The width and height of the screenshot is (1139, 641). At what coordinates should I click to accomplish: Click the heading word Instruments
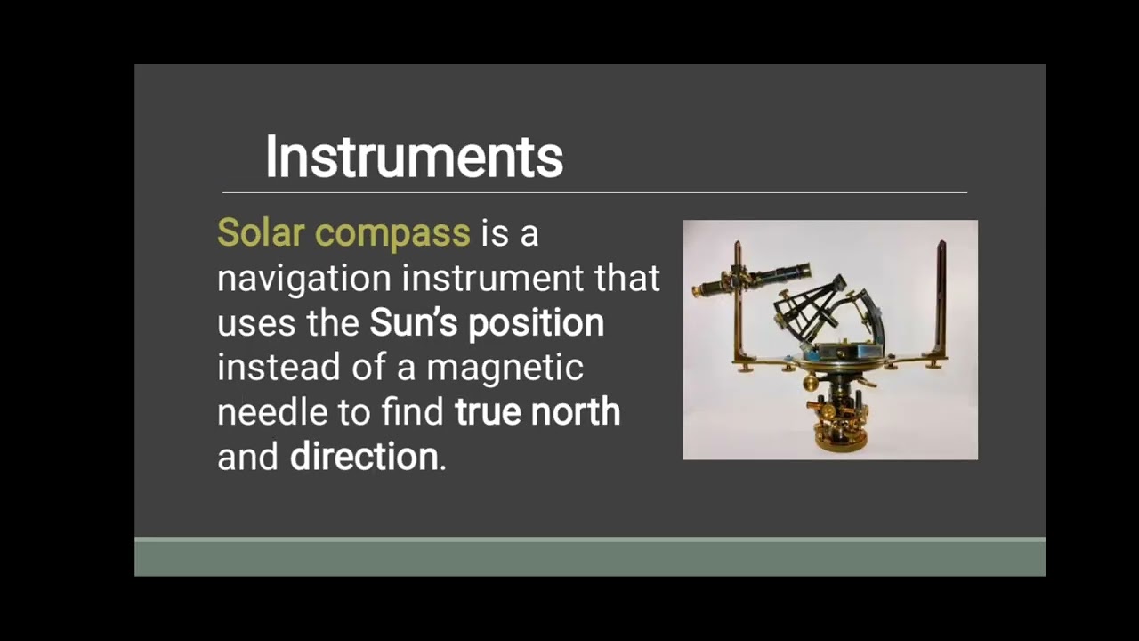click(414, 158)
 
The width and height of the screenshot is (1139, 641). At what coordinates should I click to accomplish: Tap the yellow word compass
click(392, 234)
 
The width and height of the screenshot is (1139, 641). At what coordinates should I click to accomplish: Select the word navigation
click(304, 279)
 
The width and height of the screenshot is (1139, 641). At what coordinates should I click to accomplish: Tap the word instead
click(279, 367)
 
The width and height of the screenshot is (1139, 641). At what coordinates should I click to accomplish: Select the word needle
click(270, 411)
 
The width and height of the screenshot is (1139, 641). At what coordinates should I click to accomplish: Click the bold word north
click(575, 411)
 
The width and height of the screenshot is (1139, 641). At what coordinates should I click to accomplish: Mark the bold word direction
click(364, 457)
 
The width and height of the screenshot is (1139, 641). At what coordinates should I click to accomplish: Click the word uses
click(256, 323)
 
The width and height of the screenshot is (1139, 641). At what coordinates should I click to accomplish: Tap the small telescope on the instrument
click(753, 279)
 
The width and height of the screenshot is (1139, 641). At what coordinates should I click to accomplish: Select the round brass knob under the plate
click(811, 383)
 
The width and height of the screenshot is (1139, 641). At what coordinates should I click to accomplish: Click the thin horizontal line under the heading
click(594, 192)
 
